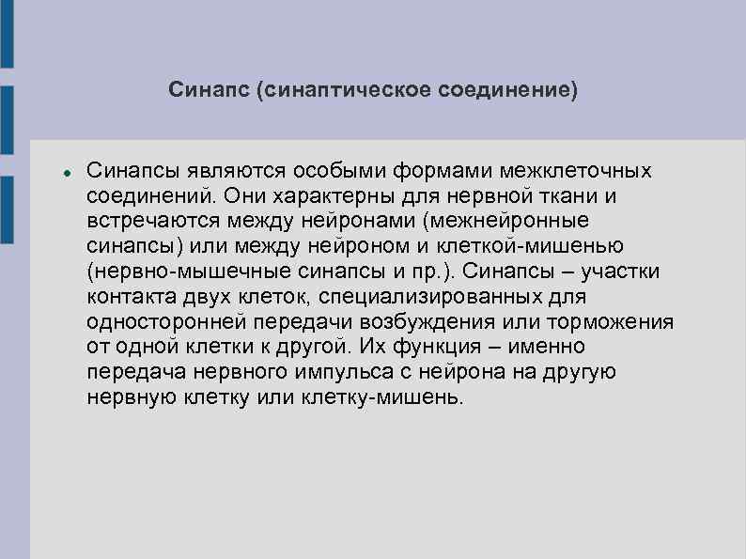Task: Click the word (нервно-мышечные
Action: [172, 273]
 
